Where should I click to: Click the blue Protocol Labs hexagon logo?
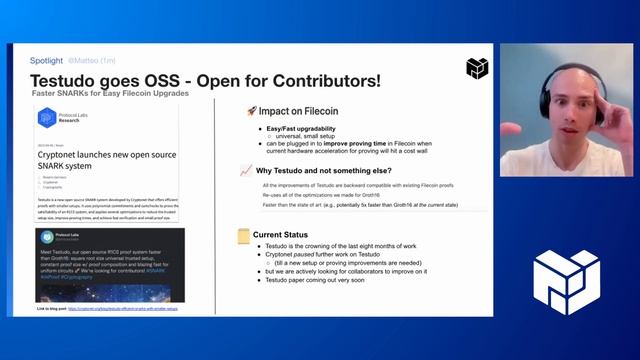[x=46, y=117]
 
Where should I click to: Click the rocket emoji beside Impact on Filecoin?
[x=251, y=111]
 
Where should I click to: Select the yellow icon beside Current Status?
[x=243, y=236]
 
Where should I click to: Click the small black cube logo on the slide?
[x=477, y=68]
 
